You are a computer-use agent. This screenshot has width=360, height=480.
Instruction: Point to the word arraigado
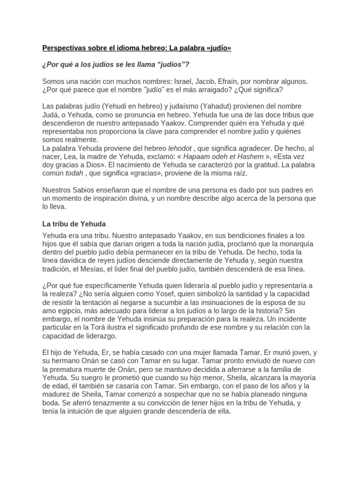230,90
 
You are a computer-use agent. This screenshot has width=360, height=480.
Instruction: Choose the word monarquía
293,244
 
